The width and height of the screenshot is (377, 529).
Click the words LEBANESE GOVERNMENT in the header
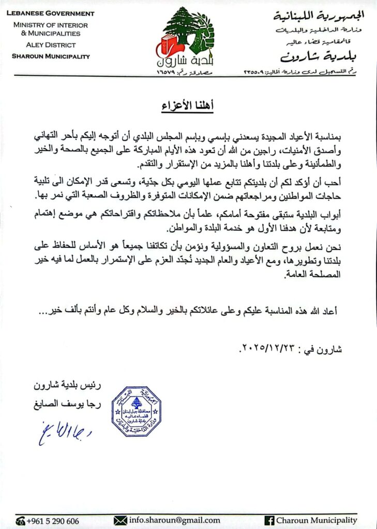50,13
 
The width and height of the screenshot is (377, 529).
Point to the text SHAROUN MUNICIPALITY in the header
51,56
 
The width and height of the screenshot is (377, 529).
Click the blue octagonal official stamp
137,411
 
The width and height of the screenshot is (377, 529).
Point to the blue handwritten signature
64,432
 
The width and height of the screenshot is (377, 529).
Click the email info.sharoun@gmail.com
174,520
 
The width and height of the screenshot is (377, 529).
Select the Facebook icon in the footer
269,520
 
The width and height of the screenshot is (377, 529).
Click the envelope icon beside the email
120,520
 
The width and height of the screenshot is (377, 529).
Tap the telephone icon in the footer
21,521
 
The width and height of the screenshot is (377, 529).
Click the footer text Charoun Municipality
316,520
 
